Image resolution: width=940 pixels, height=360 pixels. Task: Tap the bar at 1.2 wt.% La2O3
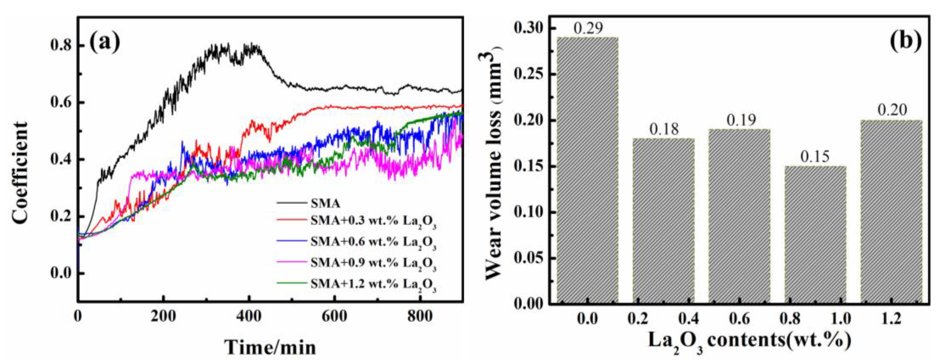click(x=891, y=211)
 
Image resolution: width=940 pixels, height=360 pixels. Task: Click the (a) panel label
click(x=105, y=42)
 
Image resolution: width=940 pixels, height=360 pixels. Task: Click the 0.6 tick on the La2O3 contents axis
click(x=740, y=319)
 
